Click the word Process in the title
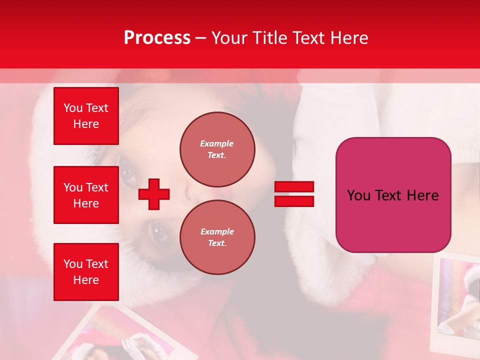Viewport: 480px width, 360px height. point(157,38)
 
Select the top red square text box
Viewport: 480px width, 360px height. point(86,116)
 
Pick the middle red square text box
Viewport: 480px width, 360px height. point(86,195)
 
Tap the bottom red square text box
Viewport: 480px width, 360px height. point(86,272)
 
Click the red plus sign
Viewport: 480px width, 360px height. point(154,194)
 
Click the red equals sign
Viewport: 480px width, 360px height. point(294,194)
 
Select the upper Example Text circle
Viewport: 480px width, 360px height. point(217,149)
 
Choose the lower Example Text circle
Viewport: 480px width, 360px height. point(217,237)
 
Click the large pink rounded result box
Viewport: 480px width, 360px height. point(393,195)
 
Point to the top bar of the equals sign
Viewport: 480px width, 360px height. point(294,187)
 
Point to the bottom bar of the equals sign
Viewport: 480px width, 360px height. point(294,201)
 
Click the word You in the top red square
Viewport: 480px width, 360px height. point(73,108)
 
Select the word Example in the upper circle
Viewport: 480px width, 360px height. point(217,143)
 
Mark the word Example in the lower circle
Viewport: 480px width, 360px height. point(217,231)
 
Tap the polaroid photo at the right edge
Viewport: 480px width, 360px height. point(457,300)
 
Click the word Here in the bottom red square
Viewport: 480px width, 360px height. point(86,280)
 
